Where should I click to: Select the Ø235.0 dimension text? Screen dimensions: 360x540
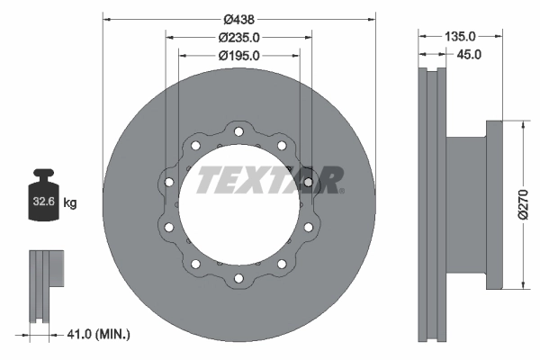(238, 37)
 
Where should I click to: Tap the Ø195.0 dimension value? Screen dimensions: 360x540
(238, 55)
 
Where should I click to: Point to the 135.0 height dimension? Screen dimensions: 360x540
(460, 37)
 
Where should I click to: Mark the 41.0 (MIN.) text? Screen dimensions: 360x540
(99, 335)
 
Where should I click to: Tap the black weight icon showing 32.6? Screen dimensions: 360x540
(45, 201)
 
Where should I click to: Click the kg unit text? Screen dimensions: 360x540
(71, 203)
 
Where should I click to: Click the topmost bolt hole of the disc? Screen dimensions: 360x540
(238, 133)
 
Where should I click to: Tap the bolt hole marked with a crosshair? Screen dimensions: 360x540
(309, 183)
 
